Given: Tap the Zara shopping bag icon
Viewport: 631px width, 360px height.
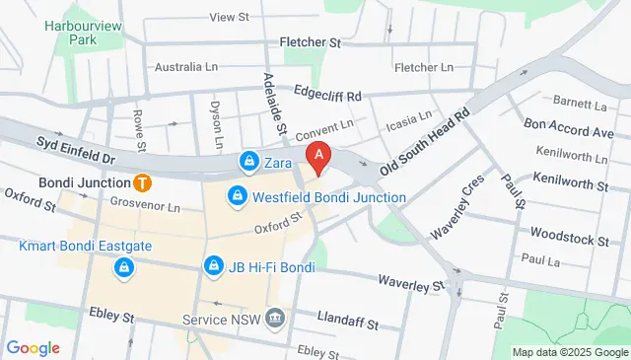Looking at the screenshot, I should tap(250, 161).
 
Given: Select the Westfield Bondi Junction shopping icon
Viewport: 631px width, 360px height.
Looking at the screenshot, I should tap(238, 197).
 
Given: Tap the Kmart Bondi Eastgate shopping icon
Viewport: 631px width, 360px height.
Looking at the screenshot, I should tap(123, 266).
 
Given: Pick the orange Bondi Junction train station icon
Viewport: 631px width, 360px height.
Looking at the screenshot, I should tap(143, 182).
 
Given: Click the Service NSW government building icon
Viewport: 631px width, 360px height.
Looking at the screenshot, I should tap(275, 320).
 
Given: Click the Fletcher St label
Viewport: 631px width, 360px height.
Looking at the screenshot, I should tap(309, 43).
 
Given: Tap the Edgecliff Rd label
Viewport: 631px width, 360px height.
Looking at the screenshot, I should tap(327, 96).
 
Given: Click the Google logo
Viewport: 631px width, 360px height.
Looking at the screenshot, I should tap(33, 347).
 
